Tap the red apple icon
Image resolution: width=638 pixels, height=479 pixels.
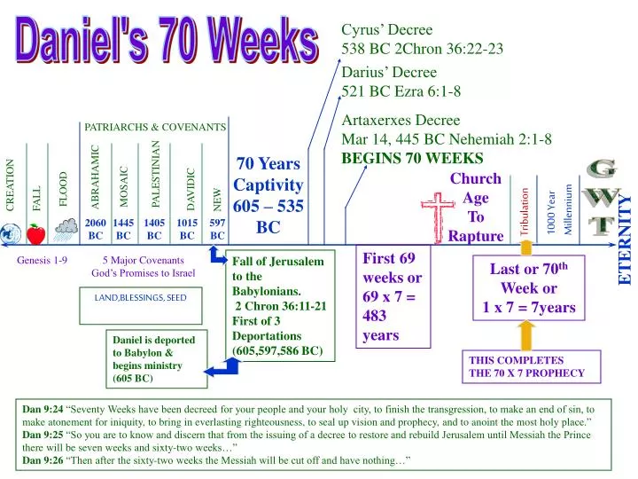(x=35, y=234)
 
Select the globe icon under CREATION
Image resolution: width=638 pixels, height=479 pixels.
(x=10, y=235)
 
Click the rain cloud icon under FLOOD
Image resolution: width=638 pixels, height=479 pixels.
(x=64, y=232)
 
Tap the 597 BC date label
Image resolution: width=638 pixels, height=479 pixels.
(x=217, y=230)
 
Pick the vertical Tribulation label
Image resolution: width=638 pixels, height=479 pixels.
(x=524, y=212)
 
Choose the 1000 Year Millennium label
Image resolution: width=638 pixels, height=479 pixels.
(x=559, y=212)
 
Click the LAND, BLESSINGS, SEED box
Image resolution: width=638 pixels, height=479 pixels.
(x=140, y=298)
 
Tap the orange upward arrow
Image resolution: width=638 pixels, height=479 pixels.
(x=526, y=337)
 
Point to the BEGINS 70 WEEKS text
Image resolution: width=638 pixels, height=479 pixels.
(x=412, y=158)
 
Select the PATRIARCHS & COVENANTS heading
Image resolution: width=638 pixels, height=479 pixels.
(x=155, y=128)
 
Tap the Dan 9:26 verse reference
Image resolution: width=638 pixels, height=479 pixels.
(x=43, y=461)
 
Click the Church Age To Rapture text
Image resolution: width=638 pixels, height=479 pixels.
(x=476, y=208)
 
